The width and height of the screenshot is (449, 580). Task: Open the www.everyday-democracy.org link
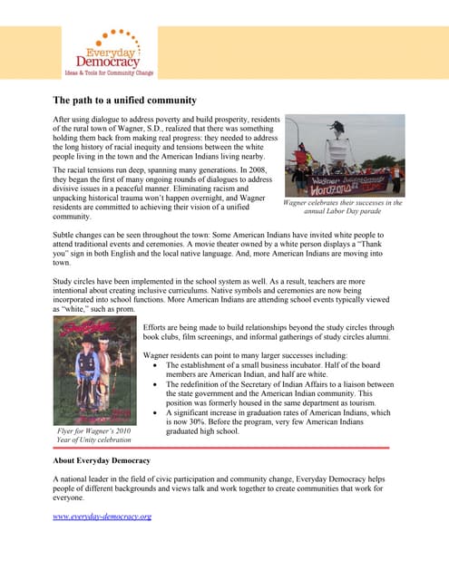tap(102, 516)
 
